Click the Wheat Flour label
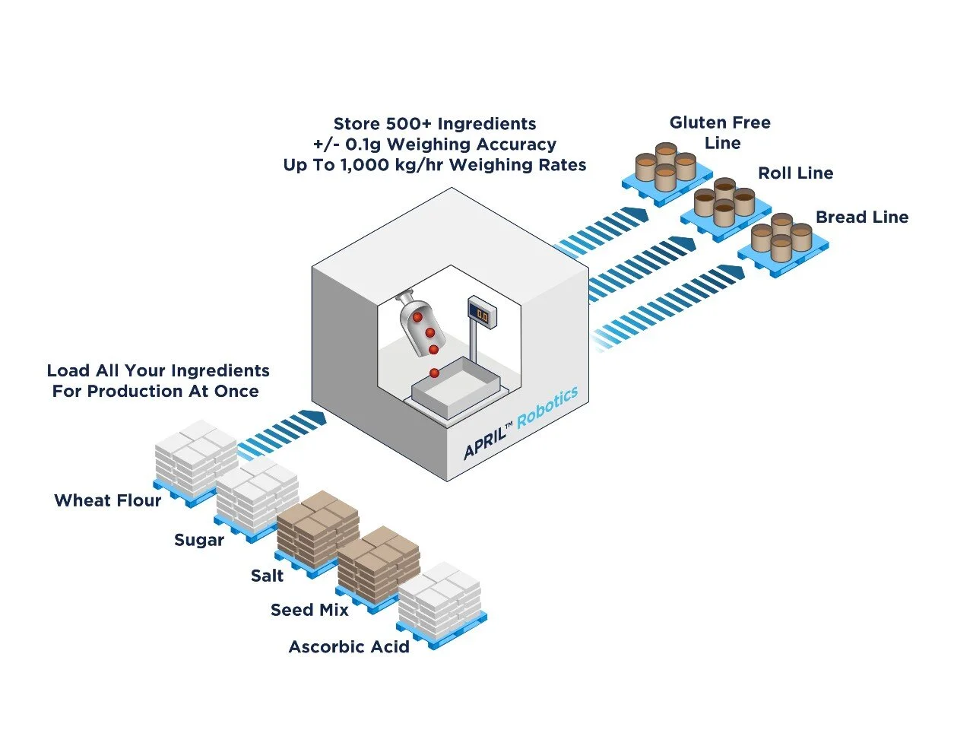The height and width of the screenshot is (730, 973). [x=107, y=500]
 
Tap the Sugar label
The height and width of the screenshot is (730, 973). [x=199, y=540]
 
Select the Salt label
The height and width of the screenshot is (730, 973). [x=267, y=576]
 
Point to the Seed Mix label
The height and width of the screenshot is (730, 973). [x=309, y=610]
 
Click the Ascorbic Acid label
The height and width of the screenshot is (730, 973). [x=349, y=646]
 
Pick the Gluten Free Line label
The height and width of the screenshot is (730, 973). [x=720, y=132]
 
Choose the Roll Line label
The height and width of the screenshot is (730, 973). [x=795, y=173]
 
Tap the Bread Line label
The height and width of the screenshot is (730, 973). [x=862, y=217]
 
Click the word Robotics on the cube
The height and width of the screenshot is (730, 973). [x=547, y=407]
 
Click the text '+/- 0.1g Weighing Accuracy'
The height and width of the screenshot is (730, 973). [x=434, y=144]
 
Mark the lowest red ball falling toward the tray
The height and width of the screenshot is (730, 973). [x=434, y=373]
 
